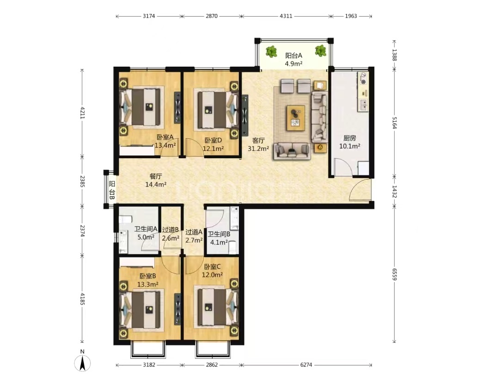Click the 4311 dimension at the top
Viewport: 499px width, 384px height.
pos(286,16)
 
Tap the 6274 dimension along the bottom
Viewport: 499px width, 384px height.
pos(306,365)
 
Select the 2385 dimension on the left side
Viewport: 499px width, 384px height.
pos(82,181)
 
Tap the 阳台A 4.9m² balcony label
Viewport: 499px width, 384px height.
pos(293,60)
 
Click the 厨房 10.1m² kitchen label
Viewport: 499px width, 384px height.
pos(349,142)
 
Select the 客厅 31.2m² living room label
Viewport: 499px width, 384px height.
pos(258,144)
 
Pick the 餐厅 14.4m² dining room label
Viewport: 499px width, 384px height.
pos(156,180)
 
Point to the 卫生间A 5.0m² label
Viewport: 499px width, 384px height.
pos(146,233)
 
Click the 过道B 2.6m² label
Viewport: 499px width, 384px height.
pos(170,234)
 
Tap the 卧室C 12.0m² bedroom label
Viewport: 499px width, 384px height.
pos(212,271)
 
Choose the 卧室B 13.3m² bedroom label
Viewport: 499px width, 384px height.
pos(148,280)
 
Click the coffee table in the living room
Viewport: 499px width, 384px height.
pos(296,118)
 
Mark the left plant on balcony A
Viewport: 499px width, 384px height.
pos(271,52)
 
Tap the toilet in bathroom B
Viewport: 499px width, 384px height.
pos(232,248)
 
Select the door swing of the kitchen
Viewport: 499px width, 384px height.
pos(342,166)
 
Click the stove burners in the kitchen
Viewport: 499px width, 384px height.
pos(363,78)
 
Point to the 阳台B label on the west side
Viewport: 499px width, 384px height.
pos(112,190)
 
